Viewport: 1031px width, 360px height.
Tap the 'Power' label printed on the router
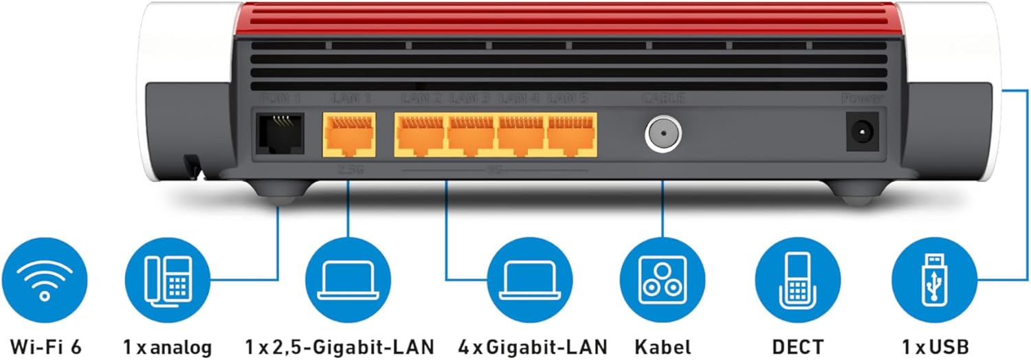point(862,99)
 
